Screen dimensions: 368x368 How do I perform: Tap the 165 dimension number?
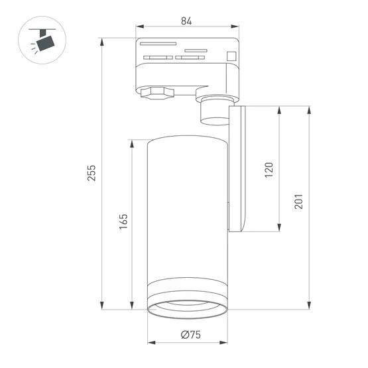pyautogui.click(x=123, y=221)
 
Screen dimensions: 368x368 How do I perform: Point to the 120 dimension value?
pyautogui.click(x=269, y=169)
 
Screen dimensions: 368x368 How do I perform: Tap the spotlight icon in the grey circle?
pyautogui.click(x=44, y=41)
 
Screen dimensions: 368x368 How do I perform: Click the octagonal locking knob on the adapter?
pyautogui.click(x=155, y=93)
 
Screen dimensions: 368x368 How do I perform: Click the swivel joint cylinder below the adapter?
pyautogui.click(x=214, y=110)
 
